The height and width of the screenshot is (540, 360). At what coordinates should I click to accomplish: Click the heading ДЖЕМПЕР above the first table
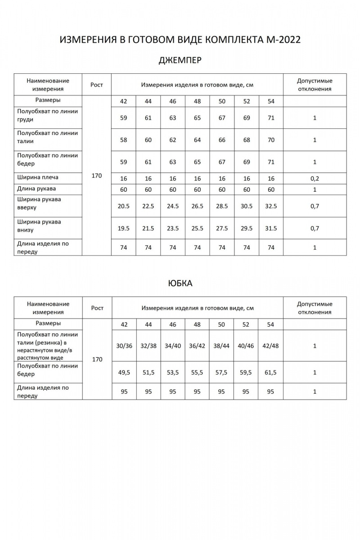coord(180,60)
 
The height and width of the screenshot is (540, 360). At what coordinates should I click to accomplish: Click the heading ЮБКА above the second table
coord(180,283)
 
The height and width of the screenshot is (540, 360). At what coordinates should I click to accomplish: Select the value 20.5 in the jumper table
coord(124,206)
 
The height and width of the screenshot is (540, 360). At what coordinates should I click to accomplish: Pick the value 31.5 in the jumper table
coord(271,228)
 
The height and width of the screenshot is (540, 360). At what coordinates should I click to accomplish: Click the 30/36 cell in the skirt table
coord(124,346)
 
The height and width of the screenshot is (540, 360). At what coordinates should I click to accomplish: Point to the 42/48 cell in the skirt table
coord(271,346)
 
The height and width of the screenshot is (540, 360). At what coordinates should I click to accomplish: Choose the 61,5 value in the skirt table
coord(271,372)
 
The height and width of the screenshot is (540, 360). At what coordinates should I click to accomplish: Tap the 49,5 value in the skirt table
coord(124,372)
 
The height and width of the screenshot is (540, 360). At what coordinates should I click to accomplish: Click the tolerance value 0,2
coord(315,178)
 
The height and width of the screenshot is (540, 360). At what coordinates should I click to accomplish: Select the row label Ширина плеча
coord(38,177)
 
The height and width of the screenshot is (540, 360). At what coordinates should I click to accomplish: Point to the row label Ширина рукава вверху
coord(39,203)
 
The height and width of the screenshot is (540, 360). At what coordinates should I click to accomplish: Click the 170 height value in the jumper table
coord(97,175)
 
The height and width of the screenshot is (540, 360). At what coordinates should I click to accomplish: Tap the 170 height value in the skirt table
coord(97,359)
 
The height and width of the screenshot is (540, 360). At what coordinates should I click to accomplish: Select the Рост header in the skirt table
coord(97,308)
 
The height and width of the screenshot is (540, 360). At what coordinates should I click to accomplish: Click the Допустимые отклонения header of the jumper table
coord(315,85)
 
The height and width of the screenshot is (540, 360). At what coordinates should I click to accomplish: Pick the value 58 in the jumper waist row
coord(124,140)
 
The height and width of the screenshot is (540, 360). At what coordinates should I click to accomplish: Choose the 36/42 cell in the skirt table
coord(197,346)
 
